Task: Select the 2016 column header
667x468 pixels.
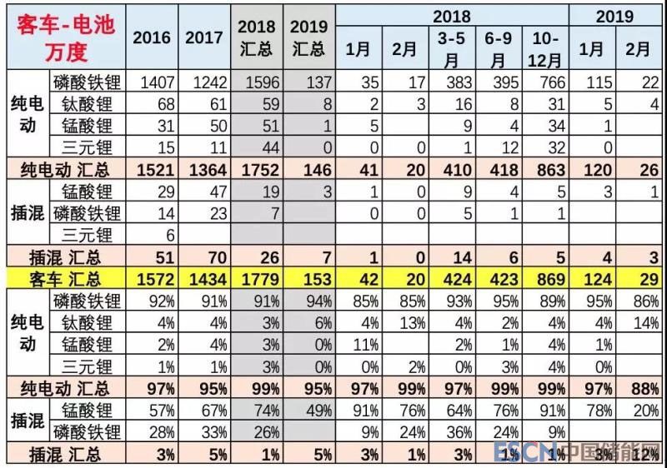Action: tap(151, 37)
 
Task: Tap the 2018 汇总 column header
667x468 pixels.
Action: tap(256, 37)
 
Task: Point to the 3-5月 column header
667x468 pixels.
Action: tap(450, 49)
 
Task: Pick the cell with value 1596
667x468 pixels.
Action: tap(255, 82)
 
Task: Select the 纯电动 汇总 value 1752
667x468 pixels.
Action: tap(255, 169)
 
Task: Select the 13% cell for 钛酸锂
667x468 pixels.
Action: tap(405, 321)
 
